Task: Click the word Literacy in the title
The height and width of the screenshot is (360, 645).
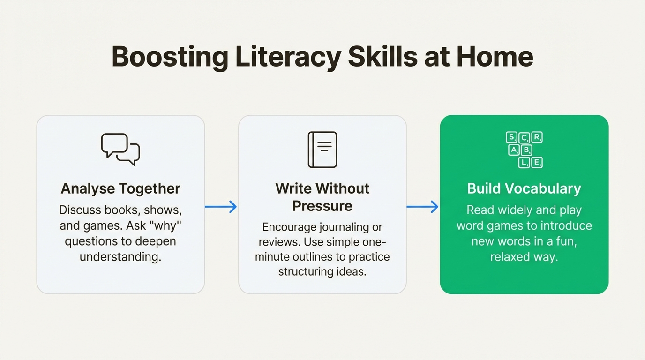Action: pyautogui.click(x=288, y=57)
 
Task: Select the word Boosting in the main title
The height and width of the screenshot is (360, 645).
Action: pyautogui.click(x=170, y=57)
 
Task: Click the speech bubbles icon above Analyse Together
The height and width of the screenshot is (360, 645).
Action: pyautogui.click(x=120, y=149)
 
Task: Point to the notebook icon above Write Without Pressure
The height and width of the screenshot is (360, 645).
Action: pyautogui.click(x=322, y=150)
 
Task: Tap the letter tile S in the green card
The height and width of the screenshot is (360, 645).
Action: pyautogui.click(x=511, y=137)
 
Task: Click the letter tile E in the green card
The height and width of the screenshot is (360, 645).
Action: pyautogui.click(x=537, y=163)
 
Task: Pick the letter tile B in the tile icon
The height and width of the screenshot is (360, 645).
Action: pyautogui.click(x=526, y=150)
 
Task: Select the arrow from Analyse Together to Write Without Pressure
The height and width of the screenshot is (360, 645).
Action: pyautogui.click(x=221, y=206)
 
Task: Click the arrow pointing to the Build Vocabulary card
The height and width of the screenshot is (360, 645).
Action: pyautogui.click(x=422, y=206)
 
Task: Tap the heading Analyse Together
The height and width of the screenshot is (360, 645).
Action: pyautogui.click(x=120, y=188)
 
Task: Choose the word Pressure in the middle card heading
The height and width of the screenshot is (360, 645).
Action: pyautogui.click(x=322, y=206)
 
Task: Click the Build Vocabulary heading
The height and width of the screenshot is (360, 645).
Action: pyautogui.click(x=524, y=188)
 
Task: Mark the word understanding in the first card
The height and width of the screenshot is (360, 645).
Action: pyautogui.click(x=120, y=256)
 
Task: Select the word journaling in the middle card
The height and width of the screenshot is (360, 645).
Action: pyautogui.click(x=344, y=227)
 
